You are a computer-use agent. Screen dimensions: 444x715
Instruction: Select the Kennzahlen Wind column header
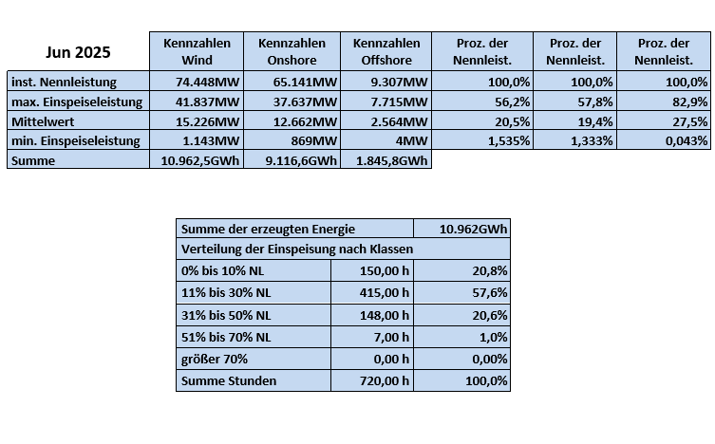point(197,51)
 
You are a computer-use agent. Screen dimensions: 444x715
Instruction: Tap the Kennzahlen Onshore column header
point(292,51)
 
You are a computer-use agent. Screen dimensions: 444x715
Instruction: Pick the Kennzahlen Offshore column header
point(386,51)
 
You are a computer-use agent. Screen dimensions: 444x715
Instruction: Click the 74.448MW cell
point(197,83)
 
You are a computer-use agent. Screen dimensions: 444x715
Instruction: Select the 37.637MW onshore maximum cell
point(292,102)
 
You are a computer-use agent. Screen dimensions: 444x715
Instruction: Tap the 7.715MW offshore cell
point(386,102)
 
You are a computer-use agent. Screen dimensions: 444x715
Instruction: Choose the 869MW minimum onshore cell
point(292,140)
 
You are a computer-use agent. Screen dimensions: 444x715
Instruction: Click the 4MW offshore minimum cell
point(386,140)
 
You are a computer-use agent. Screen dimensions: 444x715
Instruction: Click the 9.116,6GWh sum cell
point(292,160)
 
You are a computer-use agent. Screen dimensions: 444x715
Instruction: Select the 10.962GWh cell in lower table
point(461,229)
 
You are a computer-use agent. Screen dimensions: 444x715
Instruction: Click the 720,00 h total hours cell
point(372,381)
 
